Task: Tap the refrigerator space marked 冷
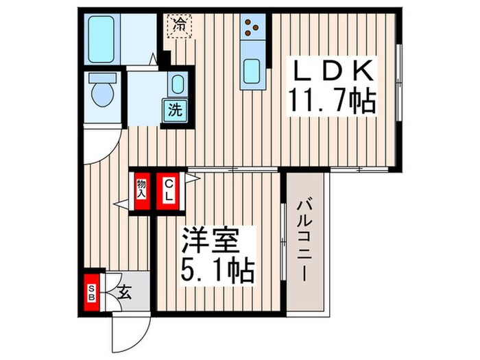pyautogui.click(x=179, y=26)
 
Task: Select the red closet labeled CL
pyautogui.click(x=168, y=189)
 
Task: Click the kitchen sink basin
pyautogui.click(x=251, y=71)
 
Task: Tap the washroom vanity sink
pyautogui.click(x=176, y=84)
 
